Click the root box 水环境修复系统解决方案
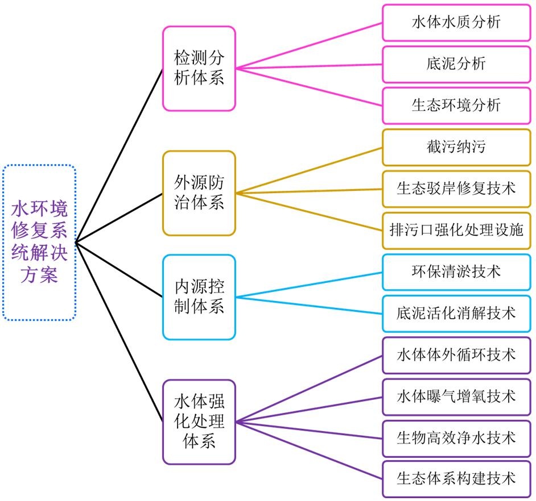[x=39, y=243]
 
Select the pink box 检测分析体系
[x=199, y=68]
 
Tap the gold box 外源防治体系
[x=199, y=193]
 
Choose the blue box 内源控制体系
[x=199, y=297]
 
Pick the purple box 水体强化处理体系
[x=199, y=422]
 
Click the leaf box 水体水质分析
[x=456, y=23]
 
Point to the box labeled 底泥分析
[x=456, y=64]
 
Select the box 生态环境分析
[x=456, y=105]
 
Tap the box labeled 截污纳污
[x=456, y=147]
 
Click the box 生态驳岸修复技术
[x=456, y=188]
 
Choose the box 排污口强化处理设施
[x=456, y=230]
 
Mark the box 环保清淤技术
[x=456, y=271]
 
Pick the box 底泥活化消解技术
[x=456, y=313]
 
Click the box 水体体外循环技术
[x=456, y=354]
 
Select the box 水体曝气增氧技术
[x=456, y=396]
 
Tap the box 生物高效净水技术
[x=456, y=438]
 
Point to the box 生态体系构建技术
[x=456, y=479]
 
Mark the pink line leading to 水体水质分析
[x=309, y=46]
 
